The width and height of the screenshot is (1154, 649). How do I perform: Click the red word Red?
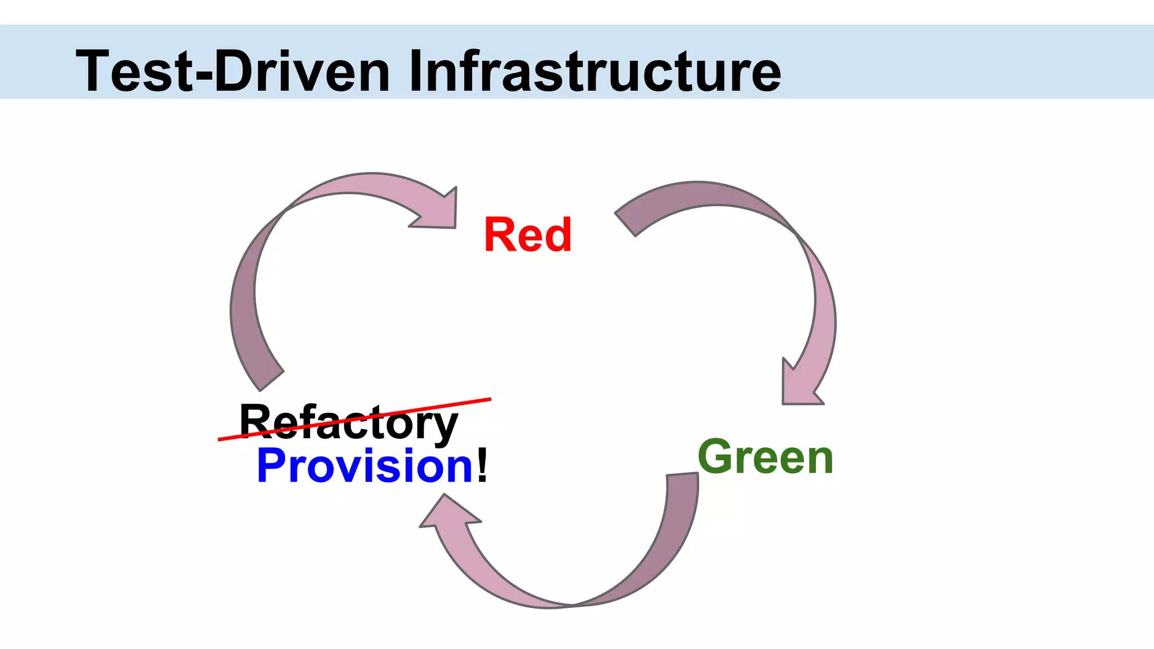(x=528, y=235)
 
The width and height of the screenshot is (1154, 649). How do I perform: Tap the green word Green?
(x=765, y=457)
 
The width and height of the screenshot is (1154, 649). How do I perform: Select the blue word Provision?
(x=365, y=466)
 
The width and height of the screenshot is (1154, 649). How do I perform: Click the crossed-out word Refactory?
(x=348, y=423)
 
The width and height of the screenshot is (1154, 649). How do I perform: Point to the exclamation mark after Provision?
(x=482, y=466)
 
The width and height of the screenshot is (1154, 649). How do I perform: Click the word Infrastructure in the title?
(x=594, y=71)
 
